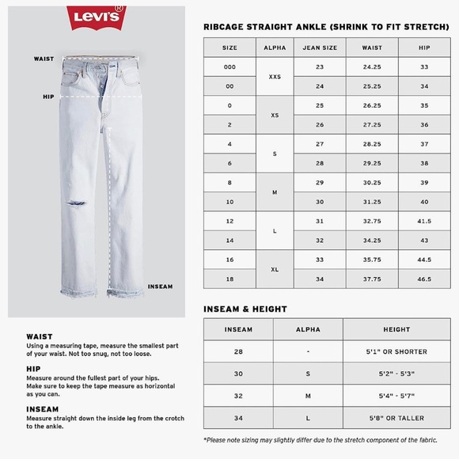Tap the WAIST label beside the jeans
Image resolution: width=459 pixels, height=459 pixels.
click(44, 59)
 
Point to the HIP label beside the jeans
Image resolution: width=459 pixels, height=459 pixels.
click(47, 97)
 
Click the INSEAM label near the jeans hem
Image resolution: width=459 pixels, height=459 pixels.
click(161, 286)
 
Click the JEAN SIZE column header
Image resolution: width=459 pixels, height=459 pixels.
click(319, 47)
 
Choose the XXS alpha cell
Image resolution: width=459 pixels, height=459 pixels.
click(275, 77)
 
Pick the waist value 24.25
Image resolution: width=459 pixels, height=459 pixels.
click(371, 67)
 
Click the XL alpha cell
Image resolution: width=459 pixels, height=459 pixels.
click(275, 270)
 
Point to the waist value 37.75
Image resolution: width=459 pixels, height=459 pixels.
click(371, 279)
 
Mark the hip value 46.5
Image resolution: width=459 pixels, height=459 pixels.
click(424, 279)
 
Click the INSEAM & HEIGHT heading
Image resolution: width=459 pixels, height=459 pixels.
click(245, 309)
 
